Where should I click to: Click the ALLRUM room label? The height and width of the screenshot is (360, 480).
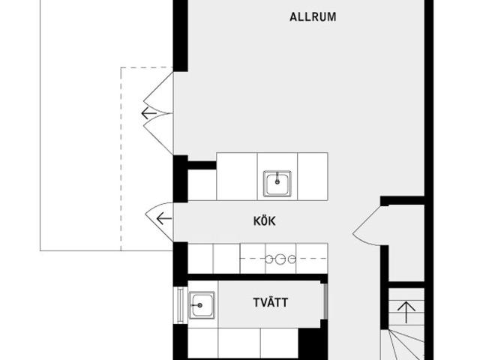(x=313, y=16)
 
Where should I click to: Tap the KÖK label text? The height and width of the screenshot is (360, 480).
(x=265, y=220)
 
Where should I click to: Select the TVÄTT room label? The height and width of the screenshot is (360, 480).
(x=271, y=302)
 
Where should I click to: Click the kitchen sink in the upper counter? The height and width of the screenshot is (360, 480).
(x=277, y=183)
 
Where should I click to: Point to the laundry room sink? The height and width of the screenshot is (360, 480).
(x=202, y=305)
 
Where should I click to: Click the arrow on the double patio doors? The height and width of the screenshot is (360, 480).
(x=149, y=113)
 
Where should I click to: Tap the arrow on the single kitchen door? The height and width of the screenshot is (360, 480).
(x=163, y=218)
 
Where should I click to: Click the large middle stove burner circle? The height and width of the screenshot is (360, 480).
(x=280, y=259)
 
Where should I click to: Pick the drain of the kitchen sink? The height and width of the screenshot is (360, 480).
(x=277, y=181)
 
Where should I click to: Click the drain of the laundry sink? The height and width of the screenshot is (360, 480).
(x=200, y=305)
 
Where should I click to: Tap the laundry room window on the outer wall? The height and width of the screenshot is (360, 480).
(x=180, y=305)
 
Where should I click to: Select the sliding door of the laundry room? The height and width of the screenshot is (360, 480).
(x=325, y=301)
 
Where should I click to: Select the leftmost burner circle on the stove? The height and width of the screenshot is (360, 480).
(x=268, y=259)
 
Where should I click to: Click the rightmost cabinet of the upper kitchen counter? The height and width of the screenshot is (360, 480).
(x=313, y=177)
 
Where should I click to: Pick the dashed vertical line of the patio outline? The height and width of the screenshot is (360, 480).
(x=121, y=159)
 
